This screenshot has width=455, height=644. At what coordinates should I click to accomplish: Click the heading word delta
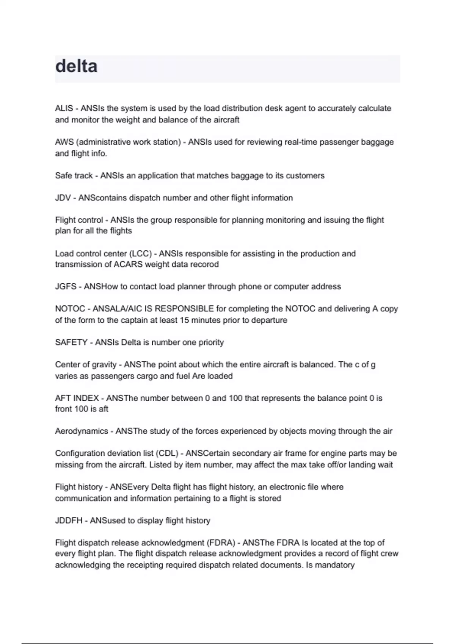(x=76, y=66)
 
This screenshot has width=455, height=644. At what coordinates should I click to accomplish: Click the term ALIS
(x=64, y=108)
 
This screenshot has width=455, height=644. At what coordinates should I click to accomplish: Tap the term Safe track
(x=74, y=176)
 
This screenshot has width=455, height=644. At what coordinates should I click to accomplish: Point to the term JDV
(x=63, y=198)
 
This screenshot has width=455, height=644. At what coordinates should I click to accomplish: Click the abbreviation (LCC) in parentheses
(x=140, y=253)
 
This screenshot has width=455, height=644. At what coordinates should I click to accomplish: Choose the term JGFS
(x=66, y=287)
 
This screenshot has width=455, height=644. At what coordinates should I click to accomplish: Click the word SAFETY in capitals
(x=71, y=342)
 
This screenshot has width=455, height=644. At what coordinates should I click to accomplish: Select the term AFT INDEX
(x=77, y=398)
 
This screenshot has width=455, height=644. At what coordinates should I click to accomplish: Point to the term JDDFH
(x=69, y=521)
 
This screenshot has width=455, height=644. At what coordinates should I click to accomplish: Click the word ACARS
(x=128, y=264)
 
